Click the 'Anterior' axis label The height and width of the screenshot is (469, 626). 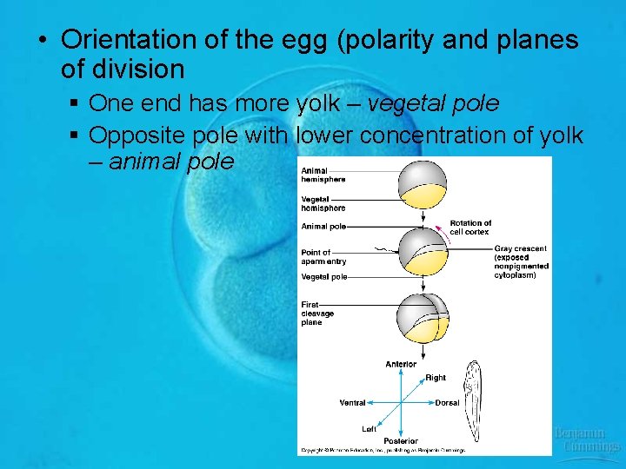pyautogui.click(x=401, y=364)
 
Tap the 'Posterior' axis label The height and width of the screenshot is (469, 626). pyautogui.click(x=401, y=441)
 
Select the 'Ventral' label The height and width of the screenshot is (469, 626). pyautogui.click(x=352, y=403)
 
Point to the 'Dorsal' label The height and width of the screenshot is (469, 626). pyautogui.click(x=447, y=403)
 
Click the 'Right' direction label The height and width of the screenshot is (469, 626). pyautogui.click(x=436, y=378)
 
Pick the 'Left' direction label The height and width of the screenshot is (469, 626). pyautogui.click(x=370, y=429)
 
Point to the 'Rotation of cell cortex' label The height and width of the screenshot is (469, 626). pyautogui.click(x=470, y=228)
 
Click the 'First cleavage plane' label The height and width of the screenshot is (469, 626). pyautogui.click(x=318, y=314)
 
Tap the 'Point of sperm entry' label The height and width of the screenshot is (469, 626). pyautogui.click(x=323, y=257)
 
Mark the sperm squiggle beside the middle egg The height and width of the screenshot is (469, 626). pyautogui.click(x=383, y=251)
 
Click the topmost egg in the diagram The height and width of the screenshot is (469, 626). pyautogui.click(x=423, y=183)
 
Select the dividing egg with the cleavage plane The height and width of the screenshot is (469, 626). pyautogui.click(x=423, y=318)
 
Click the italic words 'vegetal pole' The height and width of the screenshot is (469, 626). pyautogui.click(x=433, y=104)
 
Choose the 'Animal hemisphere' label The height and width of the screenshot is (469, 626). pyautogui.click(x=323, y=175)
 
